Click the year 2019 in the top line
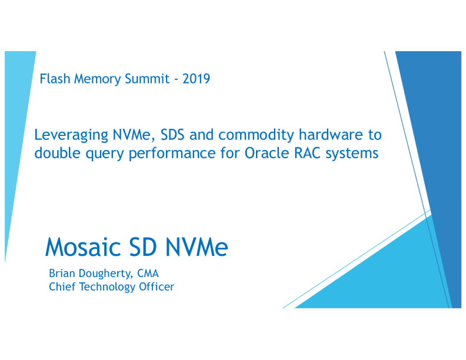196,78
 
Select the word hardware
330,135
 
